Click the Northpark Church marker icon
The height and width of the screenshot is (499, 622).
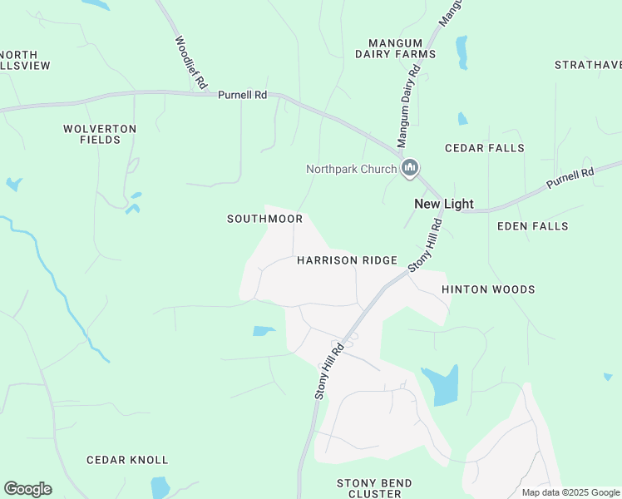click(x=409, y=169)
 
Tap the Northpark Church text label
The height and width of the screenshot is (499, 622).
click(x=351, y=169)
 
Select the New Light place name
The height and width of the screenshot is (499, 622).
click(x=444, y=204)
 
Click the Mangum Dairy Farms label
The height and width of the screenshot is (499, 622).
click(x=395, y=47)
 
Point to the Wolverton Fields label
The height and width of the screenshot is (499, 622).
click(x=100, y=134)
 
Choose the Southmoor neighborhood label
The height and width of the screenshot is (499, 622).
click(x=264, y=219)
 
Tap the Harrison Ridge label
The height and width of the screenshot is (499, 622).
click(x=347, y=260)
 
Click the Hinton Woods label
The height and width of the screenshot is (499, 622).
click(x=488, y=289)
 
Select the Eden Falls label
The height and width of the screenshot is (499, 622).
click(x=532, y=226)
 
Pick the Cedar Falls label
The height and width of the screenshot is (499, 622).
click(x=485, y=148)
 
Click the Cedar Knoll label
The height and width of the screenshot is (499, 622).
click(x=127, y=460)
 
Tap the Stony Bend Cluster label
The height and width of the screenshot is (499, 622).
click(x=373, y=488)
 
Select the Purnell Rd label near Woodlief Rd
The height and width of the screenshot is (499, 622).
click(x=242, y=95)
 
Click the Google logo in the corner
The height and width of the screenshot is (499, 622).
click(x=27, y=489)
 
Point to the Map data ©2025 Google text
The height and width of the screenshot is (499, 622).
click(x=570, y=492)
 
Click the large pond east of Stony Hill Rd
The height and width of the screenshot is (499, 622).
click(x=442, y=385)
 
